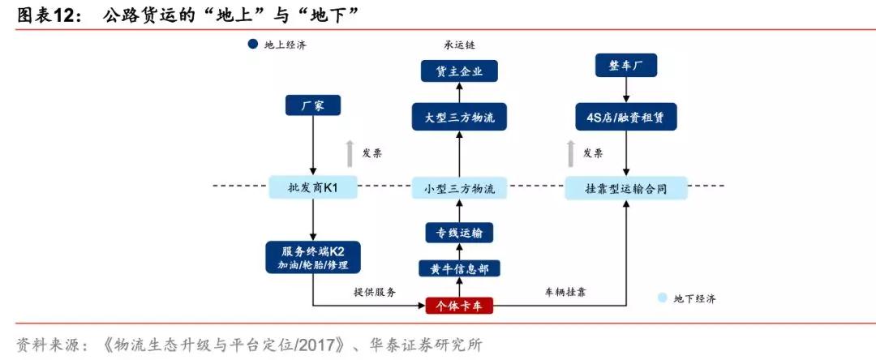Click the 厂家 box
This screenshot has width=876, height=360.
(x=312, y=105)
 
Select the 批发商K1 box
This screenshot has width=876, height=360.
(x=312, y=188)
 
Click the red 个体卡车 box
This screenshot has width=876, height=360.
(x=459, y=306)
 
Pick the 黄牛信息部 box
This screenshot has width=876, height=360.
(x=459, y=268)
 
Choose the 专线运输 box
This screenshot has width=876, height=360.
(x=459, y=234)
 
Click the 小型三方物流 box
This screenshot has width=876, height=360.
(x=459, y=188)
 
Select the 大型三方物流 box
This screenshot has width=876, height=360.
(x=459, y=118)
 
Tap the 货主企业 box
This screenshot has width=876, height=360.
(x=459, y=71)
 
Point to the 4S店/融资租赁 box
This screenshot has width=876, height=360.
(x=625, y=118)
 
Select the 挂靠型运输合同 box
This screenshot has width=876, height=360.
(x=625, y=188)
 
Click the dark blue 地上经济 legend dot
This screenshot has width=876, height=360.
(x=252, y=45)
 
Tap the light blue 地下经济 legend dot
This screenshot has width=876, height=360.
(x=662, y=298)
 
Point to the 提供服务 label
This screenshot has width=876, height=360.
(x=374, y=292)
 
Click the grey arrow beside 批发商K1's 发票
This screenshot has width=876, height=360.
(x=350, y=153)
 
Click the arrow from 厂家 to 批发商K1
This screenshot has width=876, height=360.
(x=312, y=146)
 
